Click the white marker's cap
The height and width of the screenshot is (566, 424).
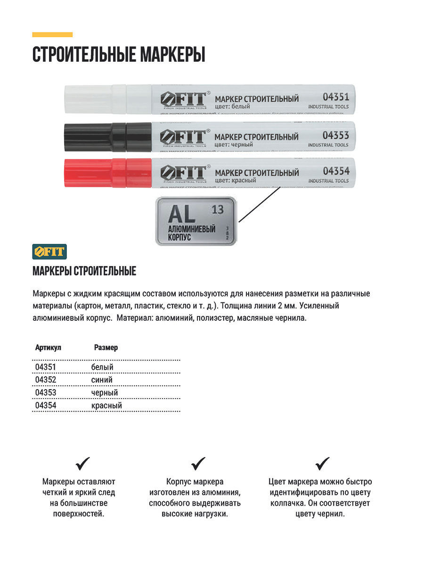[x=94, y=100]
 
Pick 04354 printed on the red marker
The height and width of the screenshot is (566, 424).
[x=335, y=171]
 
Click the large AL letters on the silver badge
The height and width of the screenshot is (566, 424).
[x=182, y=214]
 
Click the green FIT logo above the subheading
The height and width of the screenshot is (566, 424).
[x=49, y=251]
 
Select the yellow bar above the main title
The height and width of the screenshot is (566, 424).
[x=52, y=34]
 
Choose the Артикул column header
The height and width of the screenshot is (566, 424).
[x=48, y=348]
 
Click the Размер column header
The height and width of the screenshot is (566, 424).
[x=106, y=348]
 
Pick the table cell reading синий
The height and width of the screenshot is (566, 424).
[x=102, y=380]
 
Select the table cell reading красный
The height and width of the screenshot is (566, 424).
[x=106, y=405]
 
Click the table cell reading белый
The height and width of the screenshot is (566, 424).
[x=102, y=367]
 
